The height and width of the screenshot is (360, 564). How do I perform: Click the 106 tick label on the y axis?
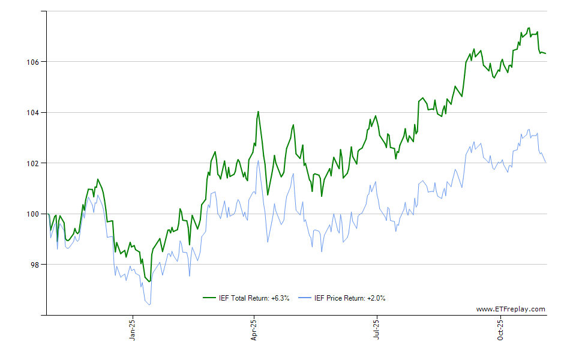tap(34, 62)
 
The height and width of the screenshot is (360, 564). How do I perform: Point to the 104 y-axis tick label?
tap(34, 112)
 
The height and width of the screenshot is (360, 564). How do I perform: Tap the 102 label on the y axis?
tap(34, 163)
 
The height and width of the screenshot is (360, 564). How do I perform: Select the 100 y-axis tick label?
tap(34, 214)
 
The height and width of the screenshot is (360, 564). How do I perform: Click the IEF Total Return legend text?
tap(255, 298)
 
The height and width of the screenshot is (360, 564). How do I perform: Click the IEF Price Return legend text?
tap(350, 298)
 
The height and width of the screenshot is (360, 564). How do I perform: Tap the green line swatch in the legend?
tap(209, 298)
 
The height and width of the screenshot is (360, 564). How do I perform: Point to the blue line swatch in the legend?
tap(305, 298)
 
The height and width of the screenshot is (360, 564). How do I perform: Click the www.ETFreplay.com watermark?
tap(511, 309)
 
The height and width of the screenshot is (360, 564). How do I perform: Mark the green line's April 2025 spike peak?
tap(258, 112)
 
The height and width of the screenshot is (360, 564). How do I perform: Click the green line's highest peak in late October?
tap(529, 28)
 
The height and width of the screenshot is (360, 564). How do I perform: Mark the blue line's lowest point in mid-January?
tap(149, 305)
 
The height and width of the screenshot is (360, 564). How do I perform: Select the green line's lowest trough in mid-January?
tap(149, 281)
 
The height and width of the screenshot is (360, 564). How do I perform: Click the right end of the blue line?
tap(545, 162)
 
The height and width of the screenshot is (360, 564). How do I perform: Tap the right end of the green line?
tap(545, 54)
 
